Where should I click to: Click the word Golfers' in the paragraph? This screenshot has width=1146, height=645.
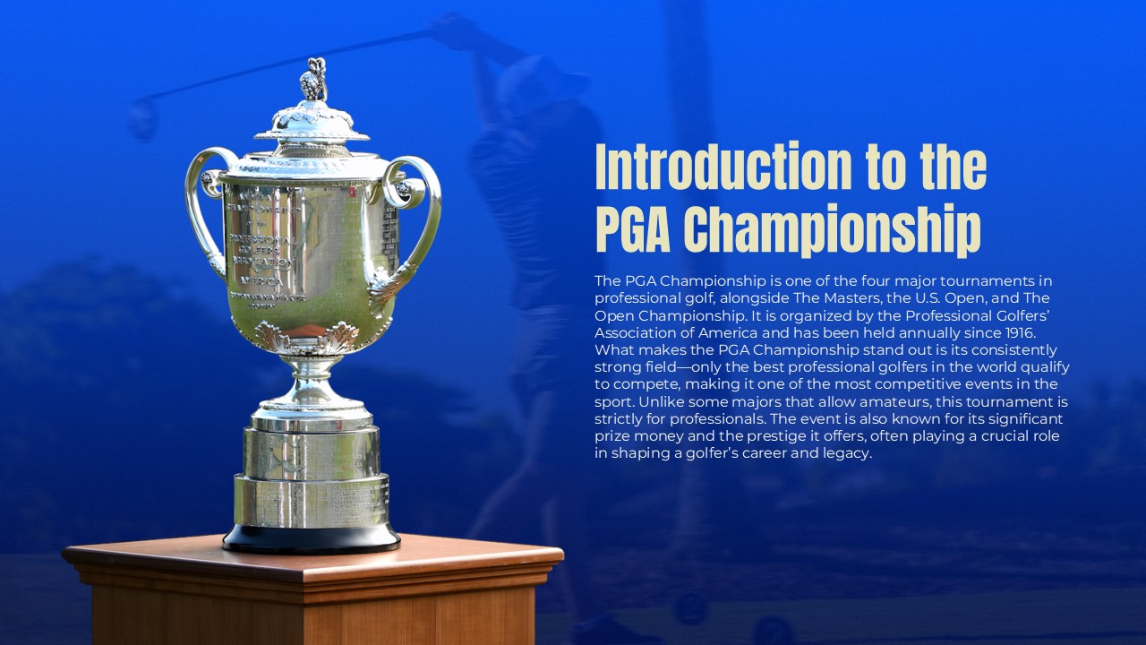1024,314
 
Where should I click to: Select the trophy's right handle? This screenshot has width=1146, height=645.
418,215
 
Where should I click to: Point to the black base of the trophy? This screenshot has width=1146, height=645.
311,538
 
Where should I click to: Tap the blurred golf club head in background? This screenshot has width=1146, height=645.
142,119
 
